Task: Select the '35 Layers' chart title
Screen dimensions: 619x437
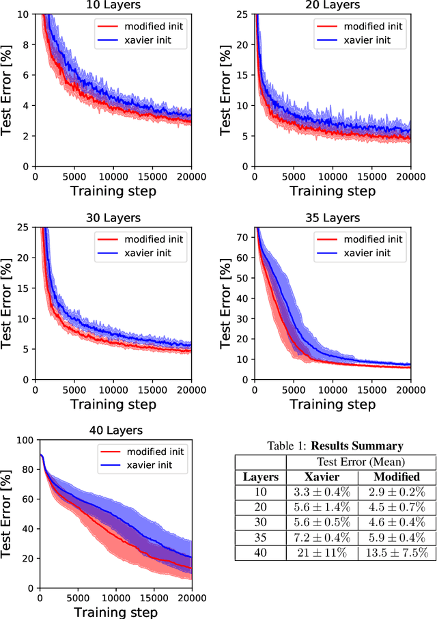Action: pos(332,218)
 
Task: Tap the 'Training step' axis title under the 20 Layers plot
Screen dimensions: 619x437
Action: pos(332,191)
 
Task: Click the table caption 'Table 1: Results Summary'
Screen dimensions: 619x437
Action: pos(335,446)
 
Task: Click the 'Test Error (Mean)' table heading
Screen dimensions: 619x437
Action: pos(358,463)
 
